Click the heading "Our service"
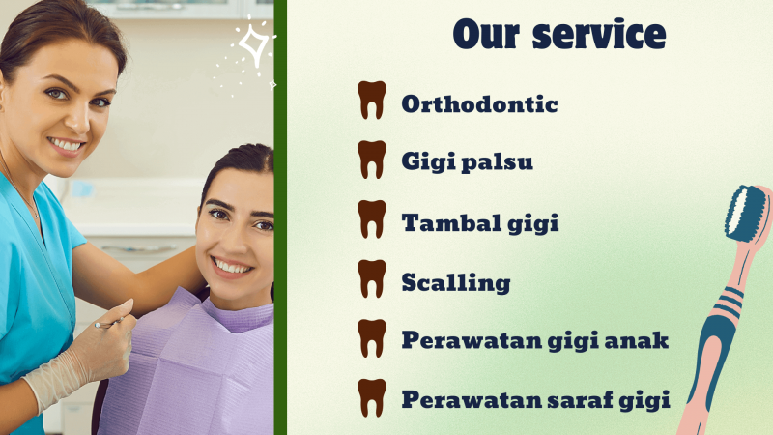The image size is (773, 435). [x=558, y=35]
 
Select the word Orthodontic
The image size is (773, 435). [x=479, y=103]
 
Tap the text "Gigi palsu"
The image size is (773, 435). [x=467, y=162]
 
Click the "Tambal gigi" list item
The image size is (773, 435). [x=480, y=223]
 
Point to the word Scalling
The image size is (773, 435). [x=455, y=283]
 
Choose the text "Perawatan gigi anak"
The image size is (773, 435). [x=535, y=341]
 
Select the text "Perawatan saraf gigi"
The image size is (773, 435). [x=535, y=399]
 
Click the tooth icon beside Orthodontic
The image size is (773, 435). [x=372, y=101]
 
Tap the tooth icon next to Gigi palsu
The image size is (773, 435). [x=372, y=159]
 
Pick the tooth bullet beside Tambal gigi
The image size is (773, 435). [x=372, y=219]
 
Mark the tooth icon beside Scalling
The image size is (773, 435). [x=372, y=278]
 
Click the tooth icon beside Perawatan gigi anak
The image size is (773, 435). [x=372, y=338]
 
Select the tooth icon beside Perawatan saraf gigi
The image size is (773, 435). [x=372, y=397]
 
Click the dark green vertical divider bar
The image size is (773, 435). [x=280, y=217]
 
